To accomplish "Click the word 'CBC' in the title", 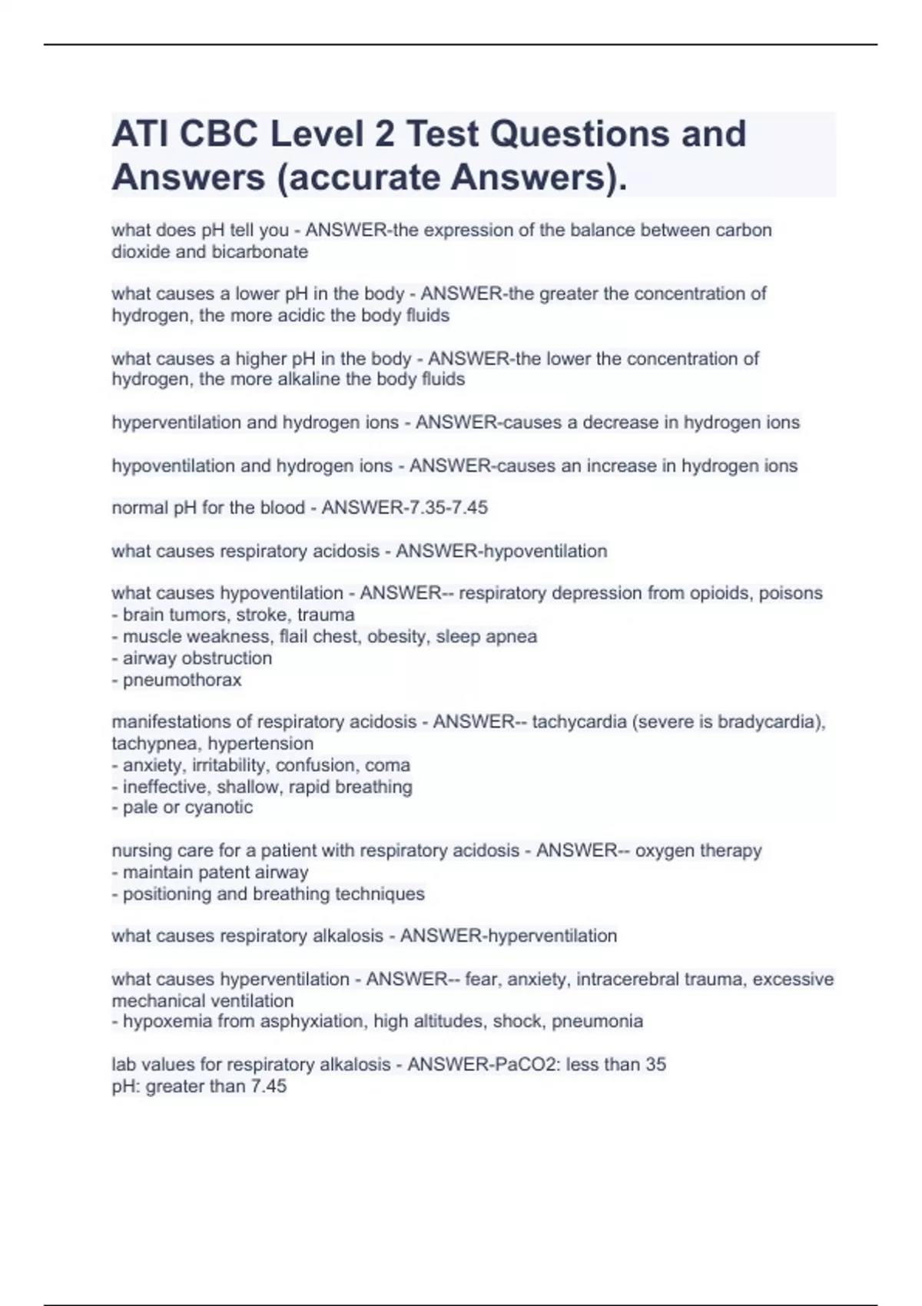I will [x=217, y=134].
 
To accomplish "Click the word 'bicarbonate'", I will [x=259, y=252].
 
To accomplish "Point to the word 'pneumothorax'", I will [x=182, y=680].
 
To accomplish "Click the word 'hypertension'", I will [x=260, y=744].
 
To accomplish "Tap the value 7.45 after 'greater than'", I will [x=269, y=1086].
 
